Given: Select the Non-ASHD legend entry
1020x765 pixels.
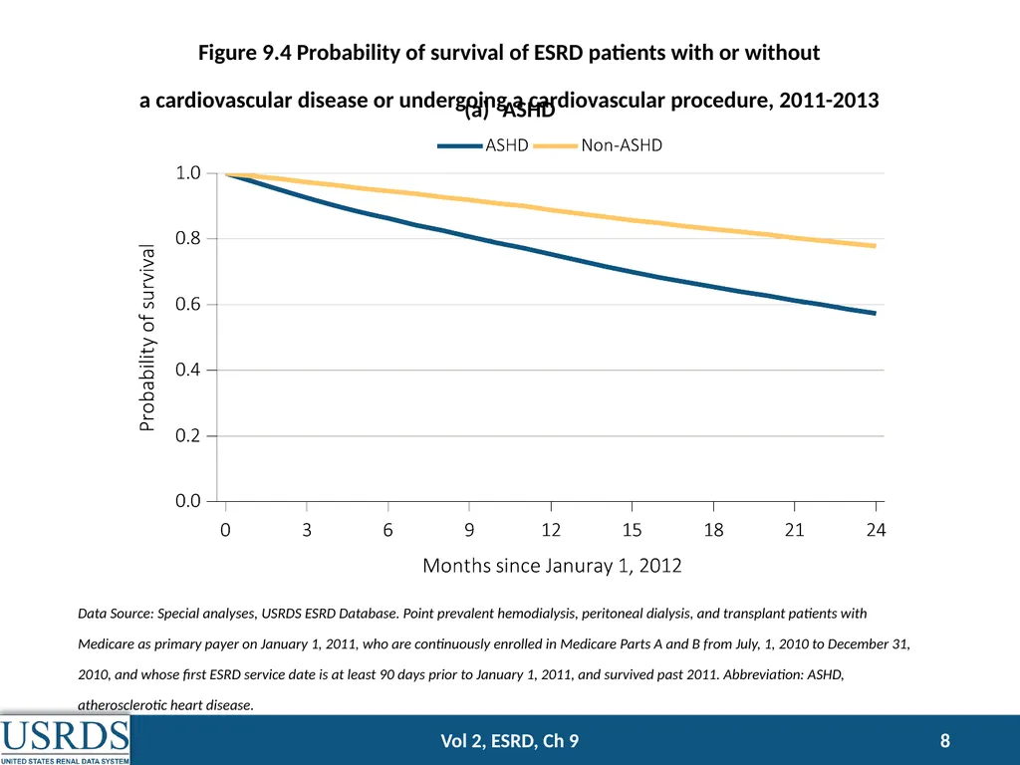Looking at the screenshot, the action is (598, 145).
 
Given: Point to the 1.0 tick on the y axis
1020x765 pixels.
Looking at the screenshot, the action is (188, 173).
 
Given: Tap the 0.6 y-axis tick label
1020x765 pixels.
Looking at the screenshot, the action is (188, 305).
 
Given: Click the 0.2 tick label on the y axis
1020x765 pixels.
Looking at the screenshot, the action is (188, 435).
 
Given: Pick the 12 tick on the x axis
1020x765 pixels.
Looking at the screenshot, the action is (551, 530).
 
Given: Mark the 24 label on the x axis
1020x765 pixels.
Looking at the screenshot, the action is (877, 530).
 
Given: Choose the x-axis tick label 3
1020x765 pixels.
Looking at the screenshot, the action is (307, 530).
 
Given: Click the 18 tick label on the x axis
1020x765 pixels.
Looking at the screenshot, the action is (713, 530).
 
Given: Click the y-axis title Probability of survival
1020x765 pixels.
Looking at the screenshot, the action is (147, 338).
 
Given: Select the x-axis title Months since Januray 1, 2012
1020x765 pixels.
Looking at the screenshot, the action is (552, 566).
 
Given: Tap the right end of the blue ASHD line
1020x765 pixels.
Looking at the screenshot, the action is (875, 313).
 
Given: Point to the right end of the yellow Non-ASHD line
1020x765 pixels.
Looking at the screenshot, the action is (875, 246).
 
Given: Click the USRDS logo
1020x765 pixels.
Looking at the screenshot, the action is (65, 740).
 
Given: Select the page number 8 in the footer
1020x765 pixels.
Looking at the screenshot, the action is (945, 741).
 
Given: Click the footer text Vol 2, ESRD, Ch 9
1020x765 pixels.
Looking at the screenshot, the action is (509, 741).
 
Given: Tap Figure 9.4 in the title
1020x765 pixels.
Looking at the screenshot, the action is (245, 52).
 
